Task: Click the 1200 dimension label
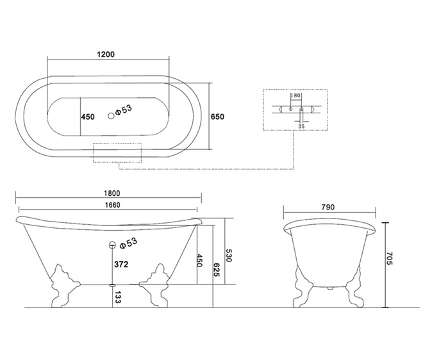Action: click(106, 54)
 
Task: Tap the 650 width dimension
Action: click(217, 117)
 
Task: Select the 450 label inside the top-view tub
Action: click(88, 117)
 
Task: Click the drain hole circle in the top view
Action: click(111, 116)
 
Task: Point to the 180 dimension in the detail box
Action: click(295, 95)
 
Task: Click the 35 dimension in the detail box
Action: click(301, 126)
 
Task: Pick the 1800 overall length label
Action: click(112, 193)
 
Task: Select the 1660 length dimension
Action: click(113, 205)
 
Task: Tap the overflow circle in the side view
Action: click(112, 245)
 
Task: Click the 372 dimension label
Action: click(121, 265)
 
